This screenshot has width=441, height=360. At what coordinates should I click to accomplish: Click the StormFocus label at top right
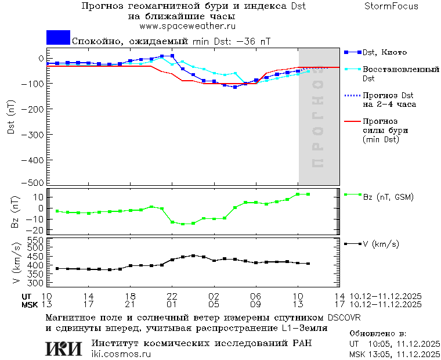coord(392,6)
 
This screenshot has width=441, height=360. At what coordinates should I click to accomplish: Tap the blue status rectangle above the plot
coord(58,38)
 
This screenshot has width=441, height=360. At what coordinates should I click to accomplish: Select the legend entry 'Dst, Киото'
coord(385,53)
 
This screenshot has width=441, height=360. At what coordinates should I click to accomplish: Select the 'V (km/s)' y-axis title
coord(16,264)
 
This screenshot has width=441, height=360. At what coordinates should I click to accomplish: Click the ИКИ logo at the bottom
coord(63,348)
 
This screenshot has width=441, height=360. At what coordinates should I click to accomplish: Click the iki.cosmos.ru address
coord(121,354)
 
